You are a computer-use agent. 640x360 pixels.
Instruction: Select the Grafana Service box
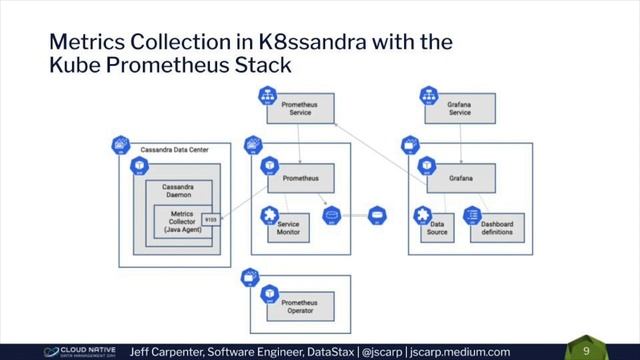coord(460,109)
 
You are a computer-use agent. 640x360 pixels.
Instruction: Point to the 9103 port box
coord(210,218)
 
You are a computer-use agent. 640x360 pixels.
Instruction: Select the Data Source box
coord(438,228)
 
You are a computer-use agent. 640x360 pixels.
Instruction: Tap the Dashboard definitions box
coord(496,228)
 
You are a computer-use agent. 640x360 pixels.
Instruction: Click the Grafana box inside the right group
coord(460,178)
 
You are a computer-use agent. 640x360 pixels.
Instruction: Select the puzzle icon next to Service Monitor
coord(267,214)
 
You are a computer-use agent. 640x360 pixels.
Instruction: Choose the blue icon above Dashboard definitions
coord(473,214)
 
